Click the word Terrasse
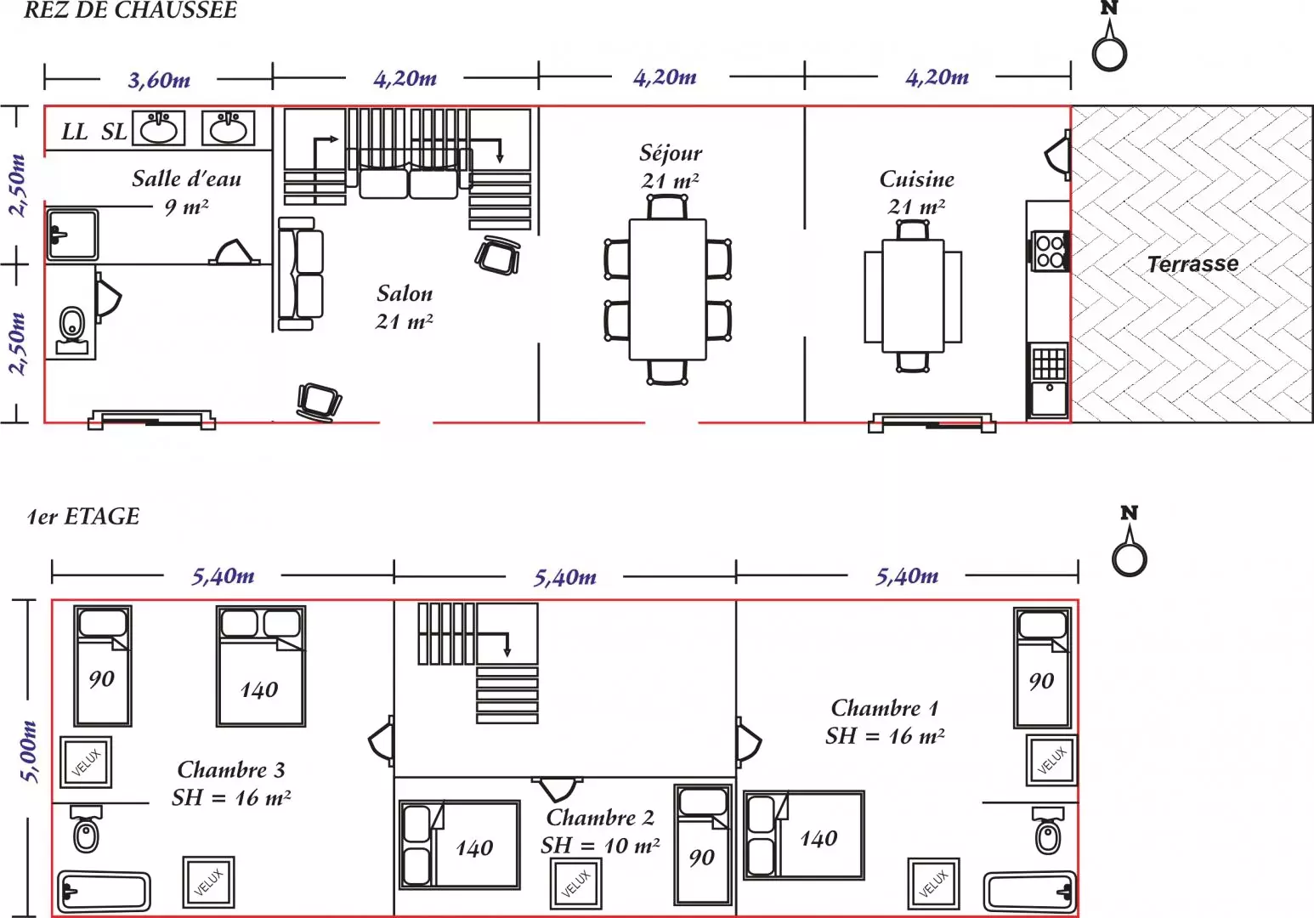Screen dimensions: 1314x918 1192,264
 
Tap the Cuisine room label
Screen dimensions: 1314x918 916,179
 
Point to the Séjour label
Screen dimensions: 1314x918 671,153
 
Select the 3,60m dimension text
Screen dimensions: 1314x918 159,80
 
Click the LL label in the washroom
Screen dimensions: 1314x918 75,132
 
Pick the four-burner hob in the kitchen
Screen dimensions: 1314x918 1050,251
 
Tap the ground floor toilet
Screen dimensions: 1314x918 72,331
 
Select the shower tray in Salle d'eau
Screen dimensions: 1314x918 72,234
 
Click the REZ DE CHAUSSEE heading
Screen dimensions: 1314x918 130,10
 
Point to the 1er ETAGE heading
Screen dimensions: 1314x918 83,516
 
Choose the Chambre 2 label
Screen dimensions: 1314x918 600,818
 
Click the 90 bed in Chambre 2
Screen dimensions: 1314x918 703,845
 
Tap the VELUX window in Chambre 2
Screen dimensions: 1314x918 575,883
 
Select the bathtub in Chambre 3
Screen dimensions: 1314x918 104,892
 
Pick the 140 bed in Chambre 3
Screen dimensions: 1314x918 261,666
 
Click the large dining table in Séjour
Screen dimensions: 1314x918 667,289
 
